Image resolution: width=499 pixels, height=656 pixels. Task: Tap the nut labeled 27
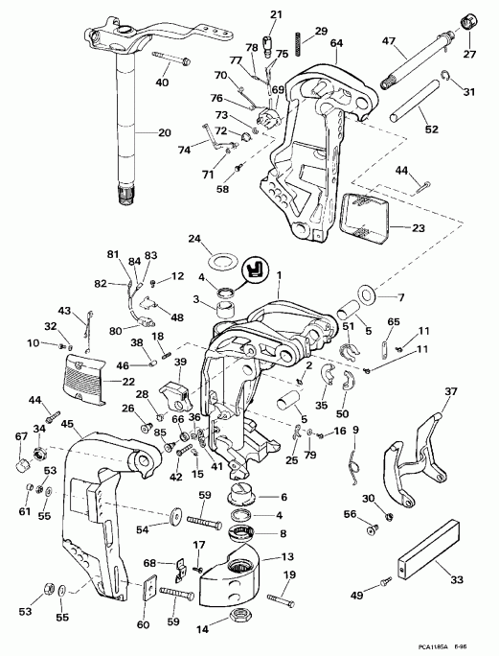(x=470, y=21)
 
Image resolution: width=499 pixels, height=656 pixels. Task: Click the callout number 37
(x=451, y=390)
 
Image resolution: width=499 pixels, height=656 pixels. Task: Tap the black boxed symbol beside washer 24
(x=256, y=269)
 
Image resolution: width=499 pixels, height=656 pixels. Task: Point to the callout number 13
(x=287, y=556)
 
